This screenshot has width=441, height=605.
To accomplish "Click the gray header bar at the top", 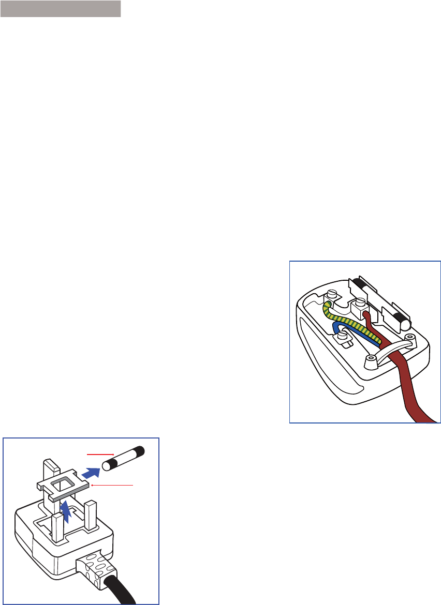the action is pos(61,9).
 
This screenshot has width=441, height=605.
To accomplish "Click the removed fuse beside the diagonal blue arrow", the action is pos(125,458).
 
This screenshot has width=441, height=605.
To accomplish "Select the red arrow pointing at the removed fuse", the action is pos(100,455).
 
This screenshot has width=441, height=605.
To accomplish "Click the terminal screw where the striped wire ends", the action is pos(332,296).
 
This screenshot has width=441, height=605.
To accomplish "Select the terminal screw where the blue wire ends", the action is pos(342,338).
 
